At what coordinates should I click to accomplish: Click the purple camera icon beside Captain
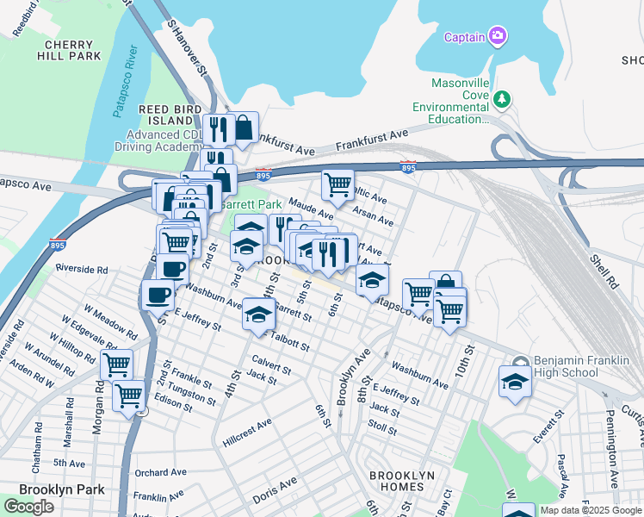coord(497,36)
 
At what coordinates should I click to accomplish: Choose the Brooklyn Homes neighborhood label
coord(401,483)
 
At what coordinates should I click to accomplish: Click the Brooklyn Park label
coord(61,489)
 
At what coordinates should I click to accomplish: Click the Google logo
coord(28,507)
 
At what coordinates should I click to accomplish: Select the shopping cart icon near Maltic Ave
coord(337,184)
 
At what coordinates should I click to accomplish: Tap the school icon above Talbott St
coord(258,314)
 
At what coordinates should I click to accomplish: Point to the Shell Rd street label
coord(603,268)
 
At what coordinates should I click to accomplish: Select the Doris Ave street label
coord(275,491)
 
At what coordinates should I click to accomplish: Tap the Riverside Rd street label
coord(82,269)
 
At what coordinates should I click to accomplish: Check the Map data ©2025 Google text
coord(590,510)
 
